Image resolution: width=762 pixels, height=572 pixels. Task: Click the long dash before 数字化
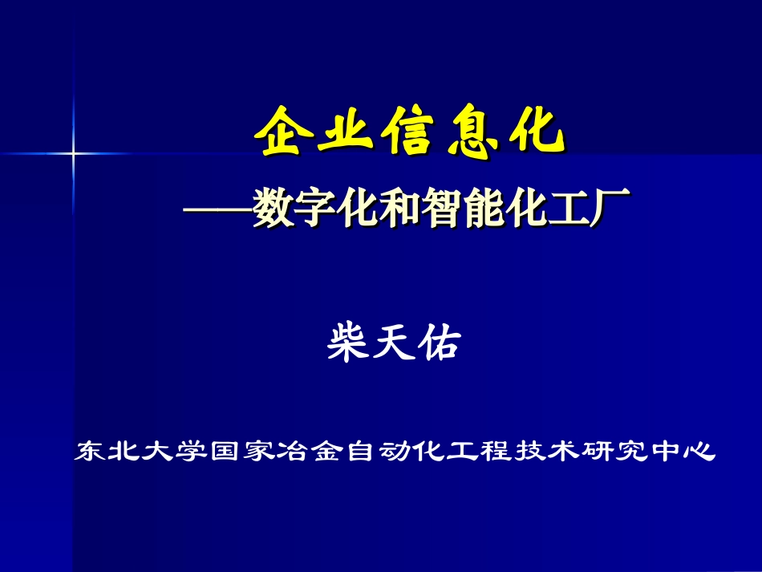click(x=217, y=211)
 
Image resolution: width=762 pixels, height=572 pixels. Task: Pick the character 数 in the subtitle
click(x=271, y=209)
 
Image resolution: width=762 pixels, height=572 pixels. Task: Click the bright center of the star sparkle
click(x=74, y=152)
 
